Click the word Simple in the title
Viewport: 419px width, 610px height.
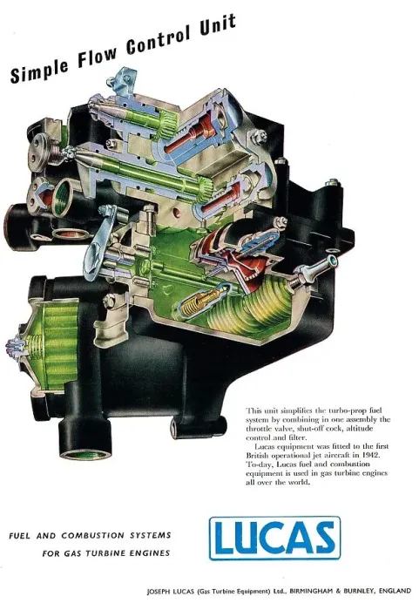40,70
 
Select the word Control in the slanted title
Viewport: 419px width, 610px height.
159,41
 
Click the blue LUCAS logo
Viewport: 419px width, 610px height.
274,538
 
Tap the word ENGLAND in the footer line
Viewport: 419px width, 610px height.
395,591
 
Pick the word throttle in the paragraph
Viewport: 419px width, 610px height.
259,429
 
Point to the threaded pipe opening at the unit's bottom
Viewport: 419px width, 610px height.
83,446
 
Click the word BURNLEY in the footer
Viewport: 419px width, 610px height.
357,591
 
